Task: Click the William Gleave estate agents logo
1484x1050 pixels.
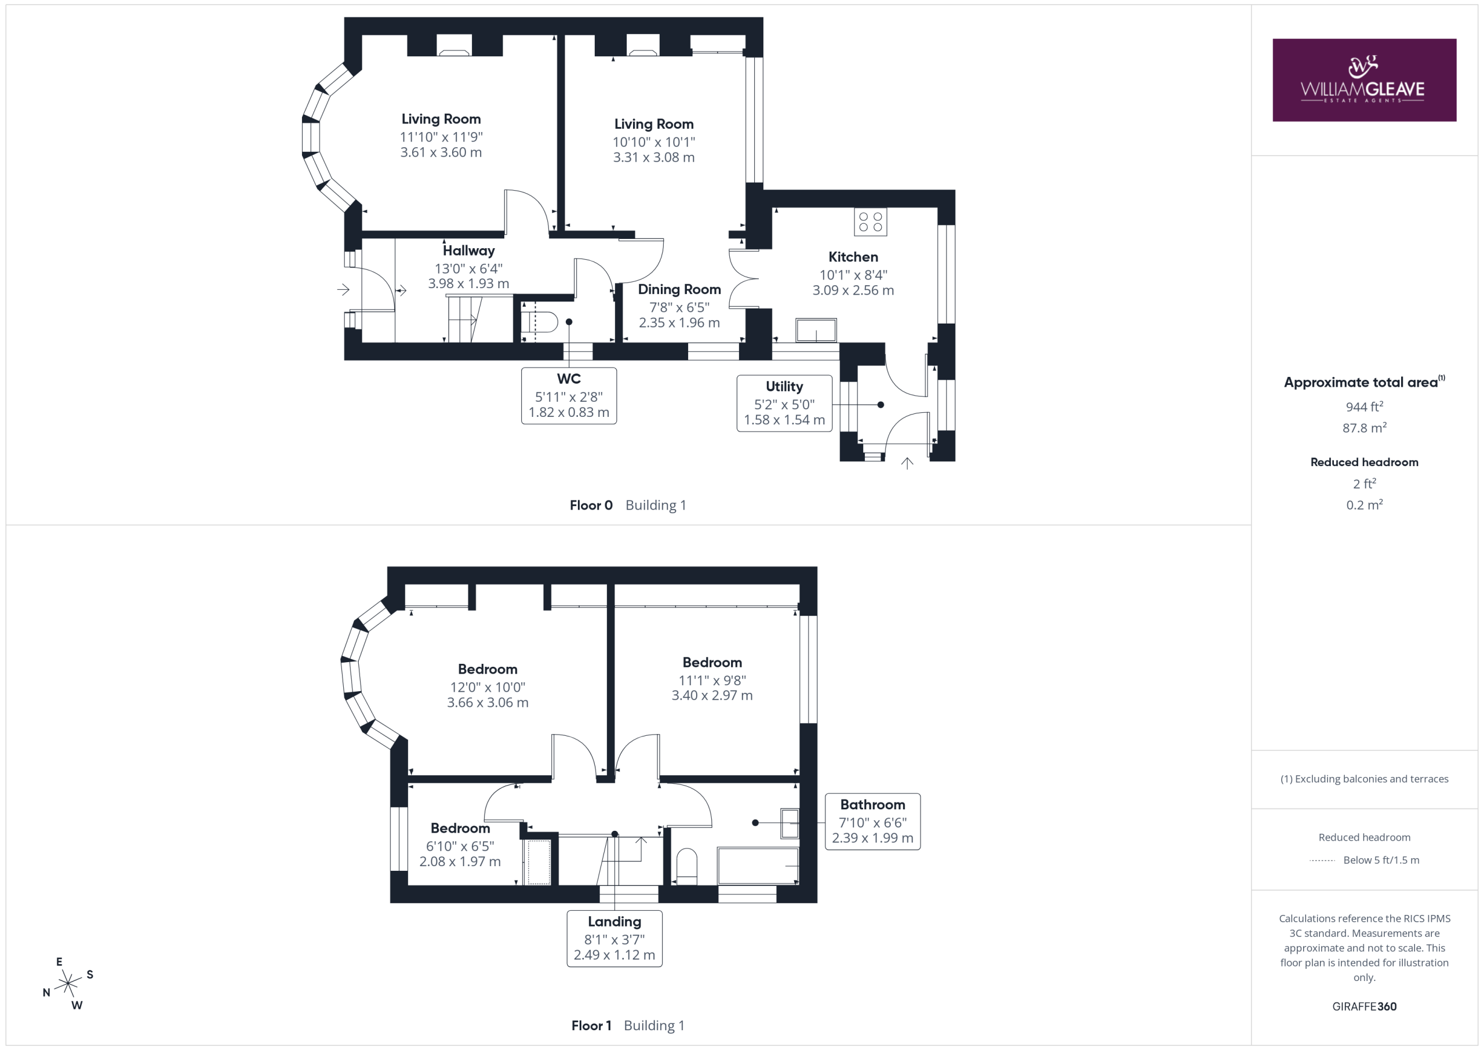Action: (x=1364, y=80)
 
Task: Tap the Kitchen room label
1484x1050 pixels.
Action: (x=853, y=257)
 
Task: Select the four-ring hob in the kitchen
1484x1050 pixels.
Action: (x=870, y=221)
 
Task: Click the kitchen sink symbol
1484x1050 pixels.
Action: (x=816, y=330)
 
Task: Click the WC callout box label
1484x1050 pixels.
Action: (x=569, y=395)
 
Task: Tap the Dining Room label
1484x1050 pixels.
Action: (x=679, y=289)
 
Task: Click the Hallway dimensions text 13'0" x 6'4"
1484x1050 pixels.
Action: (x=468, y=268)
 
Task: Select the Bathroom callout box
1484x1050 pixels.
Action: (x=872, y=821)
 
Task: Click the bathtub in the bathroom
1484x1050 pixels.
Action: (x=758, y=865)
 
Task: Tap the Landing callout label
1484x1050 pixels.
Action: (x=614, y=921)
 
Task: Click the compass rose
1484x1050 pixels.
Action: (x=68, y=983)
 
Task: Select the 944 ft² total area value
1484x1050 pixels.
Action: (x=1365, y=406)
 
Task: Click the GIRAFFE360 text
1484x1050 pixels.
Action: (x=1365, y=1006)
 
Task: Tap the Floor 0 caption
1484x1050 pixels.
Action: (x=591, y=505)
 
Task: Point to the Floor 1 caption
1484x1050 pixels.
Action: (x=591, y=1026)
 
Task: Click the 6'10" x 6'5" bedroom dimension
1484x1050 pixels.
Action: (x=460, y=846)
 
